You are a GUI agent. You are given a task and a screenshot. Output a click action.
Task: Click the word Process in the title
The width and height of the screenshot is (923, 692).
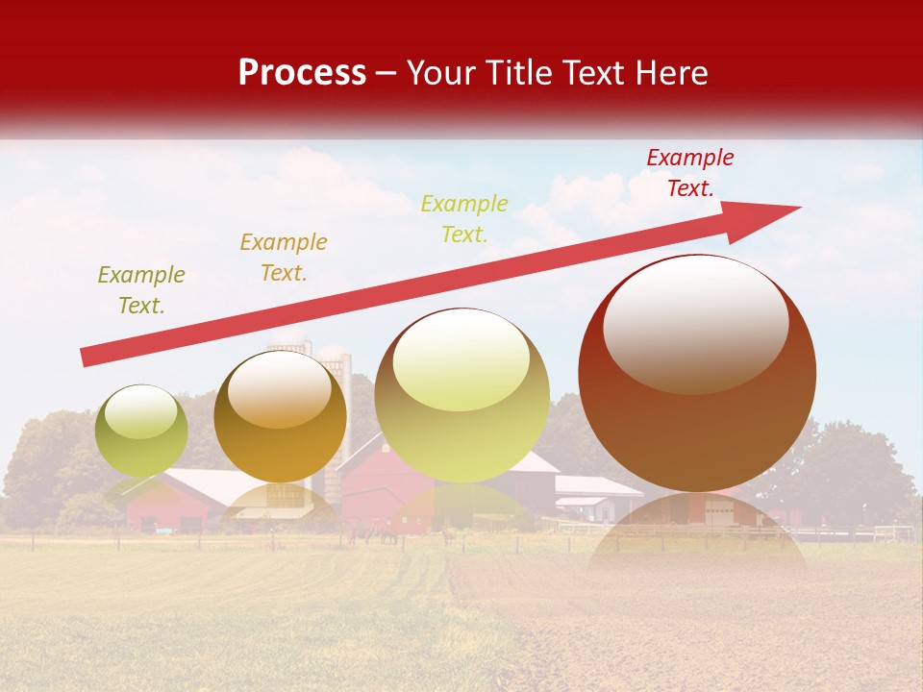click(x=302, y=73)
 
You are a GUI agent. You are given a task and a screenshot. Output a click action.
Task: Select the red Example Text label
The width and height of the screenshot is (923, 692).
click(x=689, y=173)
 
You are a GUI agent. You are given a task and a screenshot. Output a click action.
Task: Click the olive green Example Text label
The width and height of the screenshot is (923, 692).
click(x=140, y=290)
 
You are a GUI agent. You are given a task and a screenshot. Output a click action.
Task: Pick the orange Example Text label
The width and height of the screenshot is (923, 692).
click(x=283, y=258)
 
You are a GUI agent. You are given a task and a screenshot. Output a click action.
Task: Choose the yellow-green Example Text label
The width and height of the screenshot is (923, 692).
click(x=464, y=219)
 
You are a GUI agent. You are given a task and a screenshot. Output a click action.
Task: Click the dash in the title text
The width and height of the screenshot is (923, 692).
click(x=386, y=74)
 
